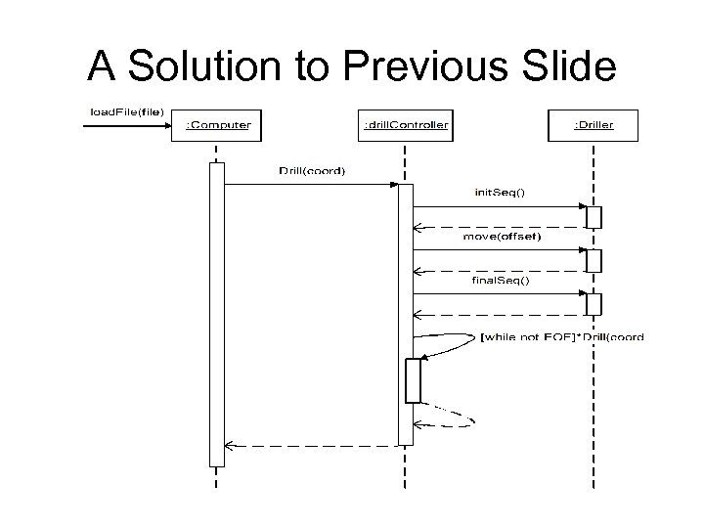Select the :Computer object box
click(217, 125)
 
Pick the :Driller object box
click(593, 125)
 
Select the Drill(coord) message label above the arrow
click(312, 171)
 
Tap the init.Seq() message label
click(500, 193)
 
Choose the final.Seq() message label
click(500, 281)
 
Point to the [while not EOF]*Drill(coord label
click(562, 337)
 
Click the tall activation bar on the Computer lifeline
click(216, 313)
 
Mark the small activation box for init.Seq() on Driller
click(594, 216)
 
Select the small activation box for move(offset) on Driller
click(594, 260)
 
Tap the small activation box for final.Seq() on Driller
click(594, 304)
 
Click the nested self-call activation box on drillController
click(413, 380)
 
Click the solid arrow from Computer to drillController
click(311, 184)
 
